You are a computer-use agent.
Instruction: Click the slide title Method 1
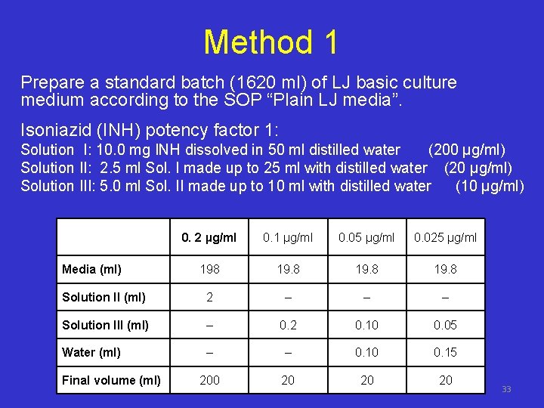pos(270,42)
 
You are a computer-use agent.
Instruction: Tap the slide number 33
pos(506,389)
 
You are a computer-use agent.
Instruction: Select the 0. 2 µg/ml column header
pos(209,238)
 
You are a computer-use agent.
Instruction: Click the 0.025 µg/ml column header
pos(445,238)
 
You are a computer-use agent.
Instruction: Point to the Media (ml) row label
pos(91,270)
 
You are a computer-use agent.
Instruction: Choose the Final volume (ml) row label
pos(111,380)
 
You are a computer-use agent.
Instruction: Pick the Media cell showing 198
pos(209,270)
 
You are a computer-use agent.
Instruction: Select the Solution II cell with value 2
pos(209,298)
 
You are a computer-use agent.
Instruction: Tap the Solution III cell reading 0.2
pos(288,325)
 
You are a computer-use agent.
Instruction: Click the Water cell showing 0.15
pos(445,352)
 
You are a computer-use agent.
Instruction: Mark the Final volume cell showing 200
pos(209,380)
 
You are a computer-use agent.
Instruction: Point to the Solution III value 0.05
pos(445,325)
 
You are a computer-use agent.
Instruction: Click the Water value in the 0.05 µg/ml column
pos(366,352)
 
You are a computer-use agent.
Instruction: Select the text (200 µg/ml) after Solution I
pos(467,150)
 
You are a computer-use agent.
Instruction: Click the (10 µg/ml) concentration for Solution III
pos(490,186)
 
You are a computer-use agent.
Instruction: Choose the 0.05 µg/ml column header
pos(366,238)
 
